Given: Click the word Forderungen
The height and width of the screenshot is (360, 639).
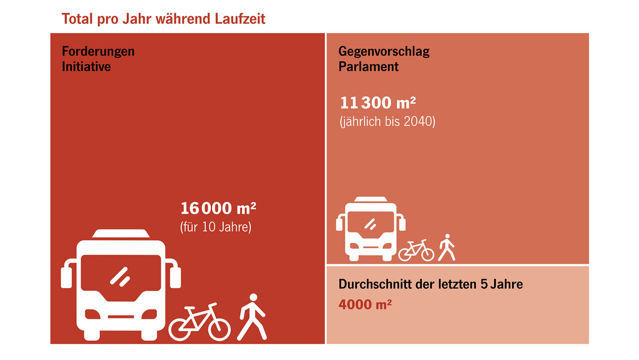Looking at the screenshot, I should click(98, 51).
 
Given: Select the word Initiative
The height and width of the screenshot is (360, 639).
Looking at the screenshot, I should click(86, 66).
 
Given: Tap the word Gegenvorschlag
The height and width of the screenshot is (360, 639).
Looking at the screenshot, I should click(384, 51).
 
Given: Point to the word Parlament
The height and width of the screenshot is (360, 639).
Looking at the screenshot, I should click(368, 66).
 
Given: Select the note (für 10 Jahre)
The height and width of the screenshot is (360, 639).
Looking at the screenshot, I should click(216, 227).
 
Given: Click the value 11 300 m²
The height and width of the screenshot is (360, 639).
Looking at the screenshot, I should click(378, 103).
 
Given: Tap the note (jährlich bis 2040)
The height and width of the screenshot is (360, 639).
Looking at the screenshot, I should click(387, 121).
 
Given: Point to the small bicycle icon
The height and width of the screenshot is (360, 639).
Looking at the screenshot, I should click(416, 250).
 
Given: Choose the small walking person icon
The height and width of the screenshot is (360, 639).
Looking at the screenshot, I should click(447, 248).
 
